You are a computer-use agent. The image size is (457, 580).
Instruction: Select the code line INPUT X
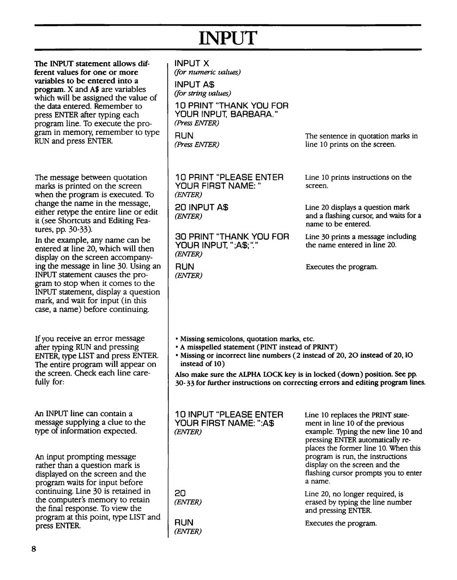(192, 64)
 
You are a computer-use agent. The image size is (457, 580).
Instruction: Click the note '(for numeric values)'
(207, 72)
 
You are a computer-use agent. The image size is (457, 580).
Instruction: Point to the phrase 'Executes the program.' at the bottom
(341, 523)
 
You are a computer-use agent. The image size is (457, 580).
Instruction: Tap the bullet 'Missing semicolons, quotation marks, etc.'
(247, 339)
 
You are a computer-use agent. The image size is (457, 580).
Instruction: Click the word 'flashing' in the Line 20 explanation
(332, 216)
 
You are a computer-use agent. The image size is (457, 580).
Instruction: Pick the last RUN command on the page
(184, 522)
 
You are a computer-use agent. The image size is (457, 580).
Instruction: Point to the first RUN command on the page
(184, 135)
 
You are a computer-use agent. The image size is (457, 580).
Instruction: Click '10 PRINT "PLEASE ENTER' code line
(229, 177)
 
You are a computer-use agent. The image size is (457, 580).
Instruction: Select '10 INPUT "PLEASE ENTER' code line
(229, 415)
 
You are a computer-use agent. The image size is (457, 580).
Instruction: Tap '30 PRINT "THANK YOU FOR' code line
(232, 236)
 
